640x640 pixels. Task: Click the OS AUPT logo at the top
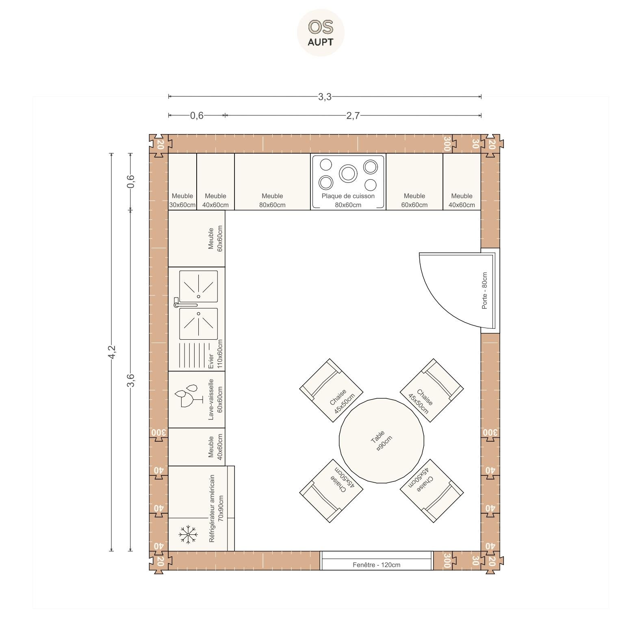[x=321, y=33]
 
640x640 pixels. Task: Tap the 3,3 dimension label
[x=325, y=97]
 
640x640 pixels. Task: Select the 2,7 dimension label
[x=353, y=116]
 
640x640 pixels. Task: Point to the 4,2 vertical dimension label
[x=112, y=352]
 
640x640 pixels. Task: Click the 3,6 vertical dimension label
[x=130, y=380]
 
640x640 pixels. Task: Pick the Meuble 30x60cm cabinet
[x=182, y=182]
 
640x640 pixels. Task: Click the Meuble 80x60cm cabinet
[x=272, y=182]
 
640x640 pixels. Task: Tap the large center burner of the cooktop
[x=348, y=174]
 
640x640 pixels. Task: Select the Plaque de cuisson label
[x=348, y=196]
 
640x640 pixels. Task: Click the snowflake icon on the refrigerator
[x=188, y=534]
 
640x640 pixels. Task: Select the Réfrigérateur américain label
[x=212, y=508]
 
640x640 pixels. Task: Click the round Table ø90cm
[x=382, y=440]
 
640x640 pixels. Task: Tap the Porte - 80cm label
[x=484, y=291]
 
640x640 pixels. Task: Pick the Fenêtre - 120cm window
[x=376, y=561]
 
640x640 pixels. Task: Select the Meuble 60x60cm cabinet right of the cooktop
[x=414, y=182]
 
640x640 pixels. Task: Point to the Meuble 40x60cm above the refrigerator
[x=197, y=447]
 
